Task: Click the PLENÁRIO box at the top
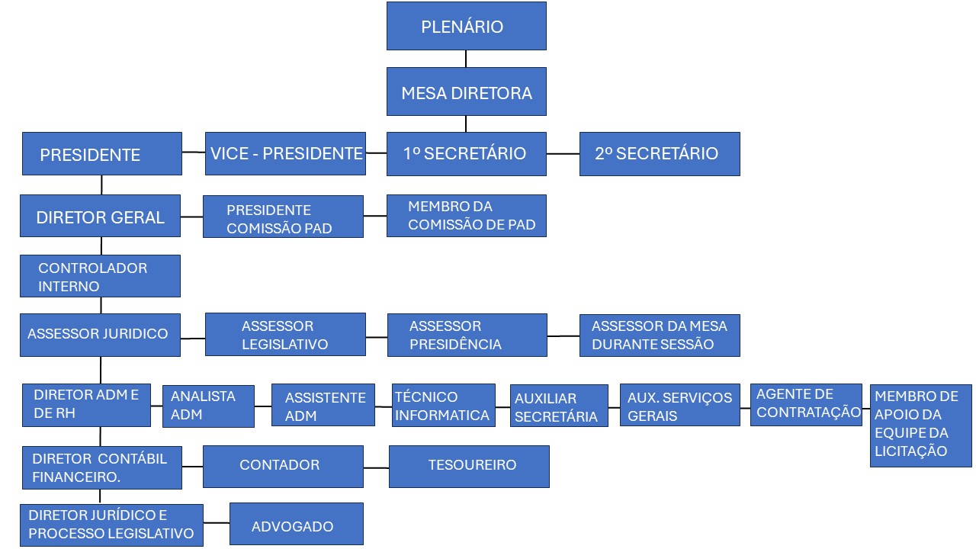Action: pyautogui.click(x=466, y=26)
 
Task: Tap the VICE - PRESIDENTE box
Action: pyautogui.click(x=285, y=153)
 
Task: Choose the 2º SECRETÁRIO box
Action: pyautogui.click(x=660, y=154)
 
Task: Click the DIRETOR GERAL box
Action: pyautogui.click(x=101, y=217)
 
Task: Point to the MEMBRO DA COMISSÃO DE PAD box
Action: pyautogui.click(x=466, y=216)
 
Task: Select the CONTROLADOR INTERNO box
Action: pyautogui.click(x=101, y=276)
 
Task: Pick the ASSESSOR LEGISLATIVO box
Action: pyautogui.click(x=285, y=335)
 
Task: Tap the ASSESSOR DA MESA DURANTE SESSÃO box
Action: pyautogui.click(x=660, y=335)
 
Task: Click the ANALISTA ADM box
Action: pyautogui.click(x=208, y=406)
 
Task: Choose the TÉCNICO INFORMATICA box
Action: pyautogui.click(x=444, y=406)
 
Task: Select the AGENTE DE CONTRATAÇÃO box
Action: pyautogui.click(x=806, y=404)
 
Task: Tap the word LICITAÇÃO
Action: pyautogui.click(x=910, y=451)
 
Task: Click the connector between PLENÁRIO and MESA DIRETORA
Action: pyautogui.click(x=466, y=59)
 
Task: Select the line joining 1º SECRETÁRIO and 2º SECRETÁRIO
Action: pyautogui.click(x=563, y=154)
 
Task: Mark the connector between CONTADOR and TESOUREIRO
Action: pyautogui.click(x=376, y=467)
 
